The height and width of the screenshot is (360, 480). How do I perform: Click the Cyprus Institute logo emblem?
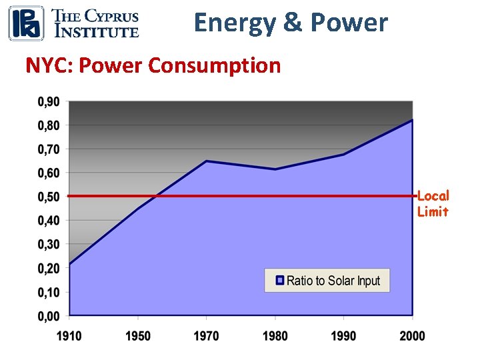pos(26,23)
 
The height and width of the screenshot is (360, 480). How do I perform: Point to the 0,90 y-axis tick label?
pos(47,101)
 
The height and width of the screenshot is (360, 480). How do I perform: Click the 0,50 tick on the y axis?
pos(47,197)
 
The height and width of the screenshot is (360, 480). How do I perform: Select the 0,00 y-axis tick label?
pos(47,316)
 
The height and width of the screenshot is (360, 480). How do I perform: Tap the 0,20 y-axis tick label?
pos(47,268)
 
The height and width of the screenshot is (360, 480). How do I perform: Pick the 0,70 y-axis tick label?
pos(47,149)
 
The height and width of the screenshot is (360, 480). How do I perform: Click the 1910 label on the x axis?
pos(69,335)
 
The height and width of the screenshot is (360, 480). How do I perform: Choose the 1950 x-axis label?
pos(138,335)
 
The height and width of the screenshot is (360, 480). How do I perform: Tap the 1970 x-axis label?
pos(206,335)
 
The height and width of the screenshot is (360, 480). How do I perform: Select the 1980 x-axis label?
pos(275,335)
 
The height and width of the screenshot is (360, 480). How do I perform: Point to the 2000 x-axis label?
pos(411,335)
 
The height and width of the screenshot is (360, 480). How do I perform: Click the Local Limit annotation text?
pos(433,203)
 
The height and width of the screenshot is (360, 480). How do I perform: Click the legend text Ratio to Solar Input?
pos(333,281)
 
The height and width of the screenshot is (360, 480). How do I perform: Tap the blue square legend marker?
pos(280,281)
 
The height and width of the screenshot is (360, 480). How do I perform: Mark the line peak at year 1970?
pos(206,161)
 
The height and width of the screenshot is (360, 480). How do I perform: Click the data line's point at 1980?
pos(275,169)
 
